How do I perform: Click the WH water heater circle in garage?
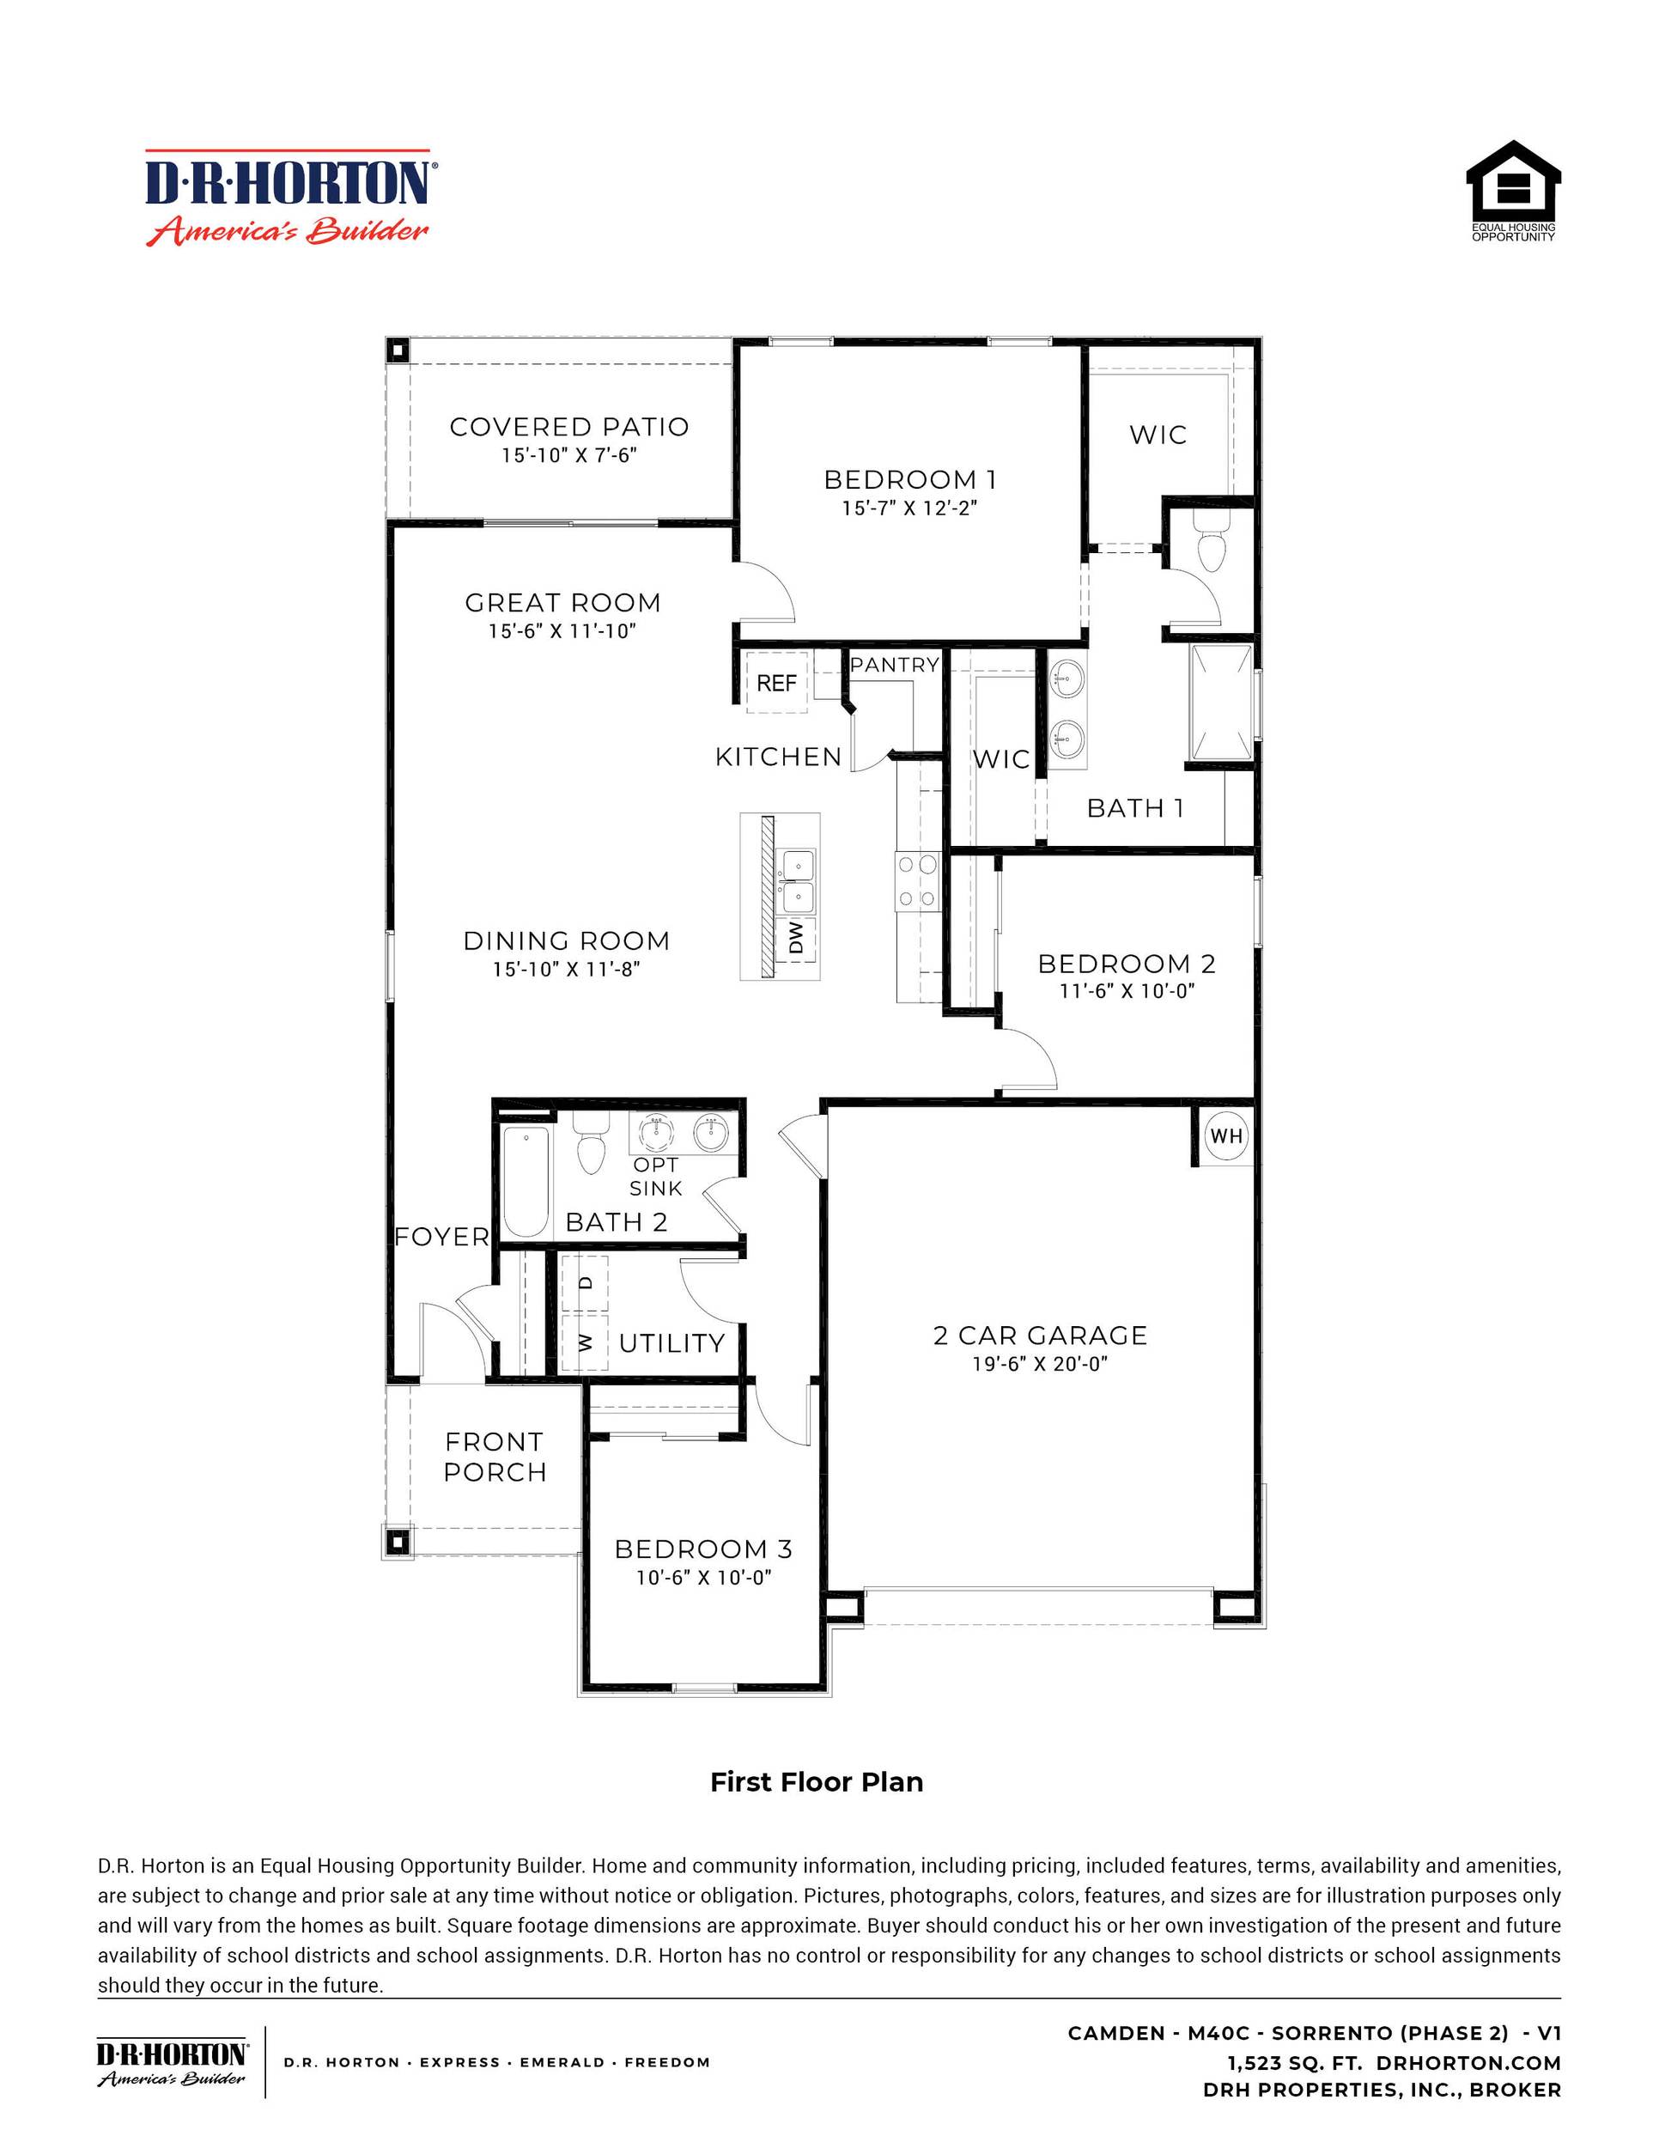point(1225,1136)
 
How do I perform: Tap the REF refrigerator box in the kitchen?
point(776,683)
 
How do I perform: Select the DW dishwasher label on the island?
point(797,937)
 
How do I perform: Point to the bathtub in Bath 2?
point(526,1181)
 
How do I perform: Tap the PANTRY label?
point(894,665)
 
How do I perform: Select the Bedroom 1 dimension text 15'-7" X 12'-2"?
point(908,508)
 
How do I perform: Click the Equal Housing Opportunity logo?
point(1512,191)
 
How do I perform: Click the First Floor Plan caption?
point(817,1782)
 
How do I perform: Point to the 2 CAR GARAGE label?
point(1040,1335)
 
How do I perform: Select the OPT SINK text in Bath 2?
point(655,1177)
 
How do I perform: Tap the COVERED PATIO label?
point(568,427)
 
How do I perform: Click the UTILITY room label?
point(671,1342)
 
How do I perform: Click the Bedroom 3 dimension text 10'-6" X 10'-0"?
point(703,1577)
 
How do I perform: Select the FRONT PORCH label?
point(494,1457)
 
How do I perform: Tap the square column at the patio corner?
point(398,351)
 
